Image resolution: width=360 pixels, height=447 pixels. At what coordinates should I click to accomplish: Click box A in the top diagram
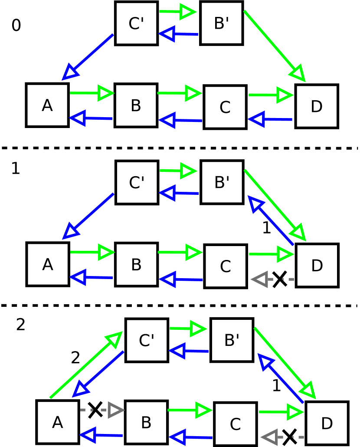coord(47,105)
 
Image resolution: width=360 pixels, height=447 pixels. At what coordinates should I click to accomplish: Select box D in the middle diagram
coord(317,265)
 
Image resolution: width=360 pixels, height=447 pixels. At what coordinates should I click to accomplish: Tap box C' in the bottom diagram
coord(147,340)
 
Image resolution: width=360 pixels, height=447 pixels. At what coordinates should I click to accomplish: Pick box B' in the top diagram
coord(221,23)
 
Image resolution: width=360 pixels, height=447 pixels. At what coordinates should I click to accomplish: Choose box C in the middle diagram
coord(225,266)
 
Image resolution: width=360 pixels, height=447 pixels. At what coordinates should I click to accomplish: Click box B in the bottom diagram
coord(146,422)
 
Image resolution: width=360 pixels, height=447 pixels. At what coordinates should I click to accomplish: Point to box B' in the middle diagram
coord(222,182)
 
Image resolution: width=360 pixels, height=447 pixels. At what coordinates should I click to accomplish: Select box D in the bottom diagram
coord(327,423)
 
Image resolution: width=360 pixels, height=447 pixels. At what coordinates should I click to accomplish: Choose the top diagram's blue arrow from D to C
coord(270,119)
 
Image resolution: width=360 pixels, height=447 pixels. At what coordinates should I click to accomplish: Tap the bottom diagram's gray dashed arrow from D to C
coord(282,437)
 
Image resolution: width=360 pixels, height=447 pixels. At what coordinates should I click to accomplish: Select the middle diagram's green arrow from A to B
coord(92,252)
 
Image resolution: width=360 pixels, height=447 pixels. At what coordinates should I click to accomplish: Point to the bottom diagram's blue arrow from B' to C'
coord(189,351)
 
